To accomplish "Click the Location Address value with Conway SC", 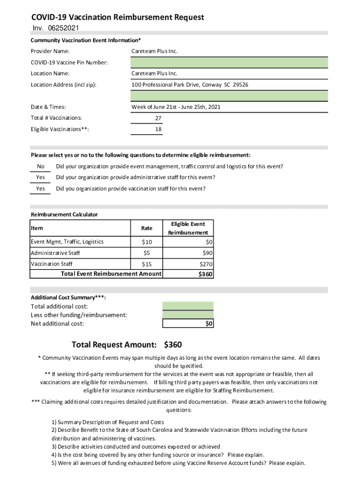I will point(190,85).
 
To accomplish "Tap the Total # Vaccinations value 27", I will point(158,118).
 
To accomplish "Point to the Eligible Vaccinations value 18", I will point(158,129).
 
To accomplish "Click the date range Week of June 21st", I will point(176,107).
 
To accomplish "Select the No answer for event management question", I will point(41,167).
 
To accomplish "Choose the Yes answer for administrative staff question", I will point(41,178).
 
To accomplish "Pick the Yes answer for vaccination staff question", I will point(41,189).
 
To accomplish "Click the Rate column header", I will point(147,228).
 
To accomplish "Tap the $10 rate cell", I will point(147,242).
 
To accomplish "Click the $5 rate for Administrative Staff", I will point(147,253).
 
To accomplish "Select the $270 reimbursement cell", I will point(206,264).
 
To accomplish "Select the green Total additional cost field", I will point(188,306).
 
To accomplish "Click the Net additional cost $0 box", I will point(188,324).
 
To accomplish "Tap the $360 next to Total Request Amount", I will point(173,345).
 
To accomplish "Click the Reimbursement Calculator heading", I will point(65,215).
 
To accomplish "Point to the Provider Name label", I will point(50,51).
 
